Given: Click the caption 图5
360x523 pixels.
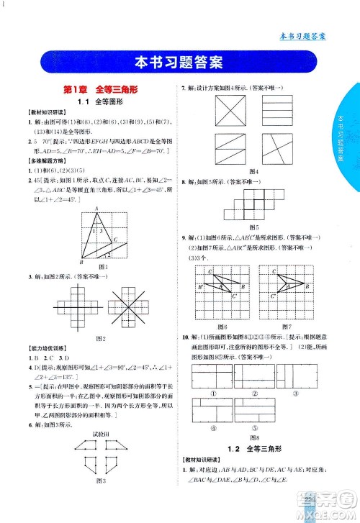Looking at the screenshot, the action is coord(253,227).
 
